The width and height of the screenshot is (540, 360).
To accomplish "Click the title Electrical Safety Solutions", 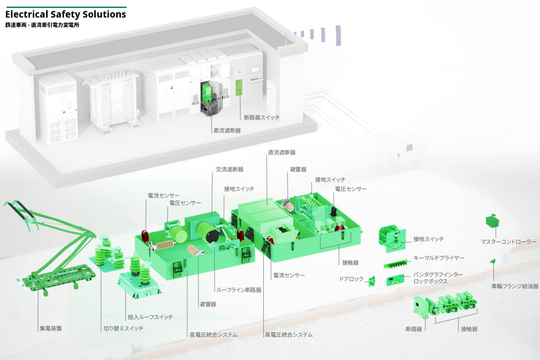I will tap(66, 14).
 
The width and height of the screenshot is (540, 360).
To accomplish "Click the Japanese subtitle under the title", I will tap(42, 25).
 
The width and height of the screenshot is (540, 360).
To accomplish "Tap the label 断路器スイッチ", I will tap(262, 118).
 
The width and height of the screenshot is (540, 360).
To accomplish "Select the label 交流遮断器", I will tap(229, 169).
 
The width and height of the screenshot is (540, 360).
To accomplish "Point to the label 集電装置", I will tap(50, 328).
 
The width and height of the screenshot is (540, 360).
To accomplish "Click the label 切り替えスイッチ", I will tap(123, 328).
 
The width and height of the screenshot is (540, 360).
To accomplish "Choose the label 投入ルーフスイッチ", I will tap(150, 317).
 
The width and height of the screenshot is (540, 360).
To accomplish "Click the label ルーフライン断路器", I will tap(239, 290).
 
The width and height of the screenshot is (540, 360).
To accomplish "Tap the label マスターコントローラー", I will tap(508, 242).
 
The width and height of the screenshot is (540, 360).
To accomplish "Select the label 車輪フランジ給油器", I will tap(515, 286).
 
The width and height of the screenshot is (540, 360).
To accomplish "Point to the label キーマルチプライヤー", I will tap(438, 258).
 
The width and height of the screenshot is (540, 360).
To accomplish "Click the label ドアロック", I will tap(351, 279).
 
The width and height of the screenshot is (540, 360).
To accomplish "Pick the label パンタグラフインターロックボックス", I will tap(437, 278).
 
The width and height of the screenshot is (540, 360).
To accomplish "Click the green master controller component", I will tap(493, 221).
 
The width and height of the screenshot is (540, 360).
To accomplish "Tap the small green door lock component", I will tap(372, 281).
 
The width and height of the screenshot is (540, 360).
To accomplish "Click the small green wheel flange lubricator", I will tap(493, 261).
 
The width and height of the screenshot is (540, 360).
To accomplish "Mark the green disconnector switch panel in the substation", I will tap(239, 88).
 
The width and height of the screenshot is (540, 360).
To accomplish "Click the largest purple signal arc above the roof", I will tap(338, 36).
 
